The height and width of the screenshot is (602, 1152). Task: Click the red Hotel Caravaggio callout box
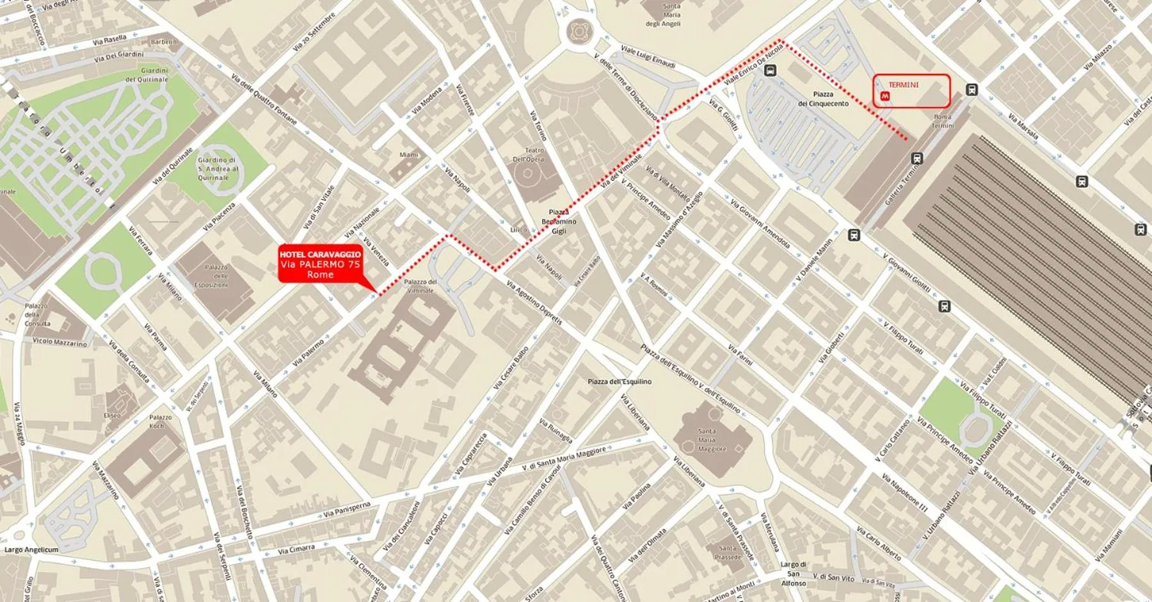(x=320, y=264)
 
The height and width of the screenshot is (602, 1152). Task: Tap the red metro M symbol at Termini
(x=885, y=95)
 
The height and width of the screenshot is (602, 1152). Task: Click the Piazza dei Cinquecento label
(x=823, y=99)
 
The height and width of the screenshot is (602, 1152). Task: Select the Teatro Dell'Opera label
(x=528, y=154)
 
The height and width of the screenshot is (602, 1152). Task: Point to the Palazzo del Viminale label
(x=420, y=286)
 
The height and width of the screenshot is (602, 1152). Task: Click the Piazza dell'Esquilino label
(x=620, y=381)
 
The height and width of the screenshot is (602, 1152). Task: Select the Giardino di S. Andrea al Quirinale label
(x=218, y=168)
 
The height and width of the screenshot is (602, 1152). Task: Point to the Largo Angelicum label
(x=31, y=549)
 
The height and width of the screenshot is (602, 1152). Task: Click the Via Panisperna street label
(x=347, y=510)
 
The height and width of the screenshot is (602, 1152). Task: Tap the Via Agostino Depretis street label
(x=534, y=302)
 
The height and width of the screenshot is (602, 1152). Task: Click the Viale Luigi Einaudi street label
(x=648, y=56)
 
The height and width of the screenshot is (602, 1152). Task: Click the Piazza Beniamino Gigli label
(x=559, y=222)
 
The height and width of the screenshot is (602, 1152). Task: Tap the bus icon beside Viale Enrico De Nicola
(x=770, y=70)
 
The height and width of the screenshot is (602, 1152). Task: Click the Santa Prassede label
(x=728, y=552)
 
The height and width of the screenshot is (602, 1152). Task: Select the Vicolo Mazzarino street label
(x=60, y=342)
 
